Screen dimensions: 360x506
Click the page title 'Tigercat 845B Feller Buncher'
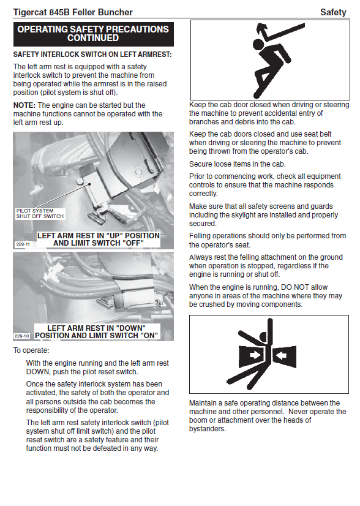[x=73, y=12]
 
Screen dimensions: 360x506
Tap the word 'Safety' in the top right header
[x=333, y=12]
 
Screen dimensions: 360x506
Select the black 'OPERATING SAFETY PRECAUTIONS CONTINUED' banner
[x=93, y=34]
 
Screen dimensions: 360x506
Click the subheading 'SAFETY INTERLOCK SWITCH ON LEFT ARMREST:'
[x=92, y=55]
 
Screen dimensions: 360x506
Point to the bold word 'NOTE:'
[x=24, y=105]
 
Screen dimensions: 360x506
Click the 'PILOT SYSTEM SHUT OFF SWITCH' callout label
[x=40, y=214]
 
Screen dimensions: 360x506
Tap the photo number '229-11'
[x=23, y=244]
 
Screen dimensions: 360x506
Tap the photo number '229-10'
[x=22, y=336]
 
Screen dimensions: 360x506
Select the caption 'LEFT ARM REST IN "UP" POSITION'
[x=99, y=236]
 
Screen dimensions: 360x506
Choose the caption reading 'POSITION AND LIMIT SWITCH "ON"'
[x=97, y=336]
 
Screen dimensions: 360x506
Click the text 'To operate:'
[x=31, y=350]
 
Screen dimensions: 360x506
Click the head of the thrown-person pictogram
[x=258, y=45]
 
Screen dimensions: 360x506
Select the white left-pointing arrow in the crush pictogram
[x=282, y=355]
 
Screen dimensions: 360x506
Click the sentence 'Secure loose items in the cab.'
[x=238, y=164]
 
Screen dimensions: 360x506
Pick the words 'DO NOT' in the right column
[x=304, y=287]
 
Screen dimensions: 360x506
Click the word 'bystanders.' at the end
[x=208, y=429]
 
